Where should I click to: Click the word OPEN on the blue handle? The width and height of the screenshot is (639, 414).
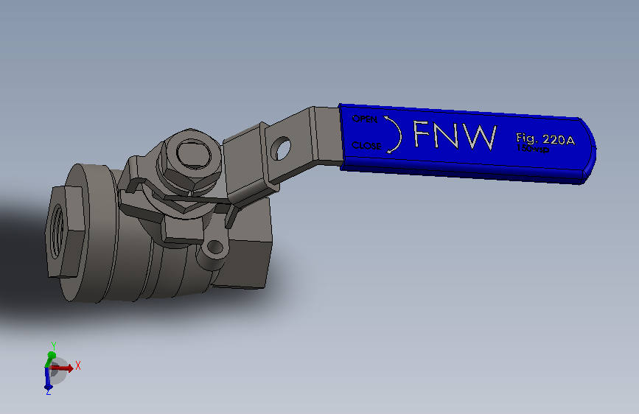pyautogui.click(x=364, y=119)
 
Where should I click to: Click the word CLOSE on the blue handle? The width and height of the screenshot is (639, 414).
pyautogui.click(x=366, y=146)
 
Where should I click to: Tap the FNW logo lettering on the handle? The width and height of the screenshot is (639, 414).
pyautogui.click(x=454, y=136)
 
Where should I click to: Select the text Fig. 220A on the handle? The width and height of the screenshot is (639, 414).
pyautogui.click(x=545, y=138)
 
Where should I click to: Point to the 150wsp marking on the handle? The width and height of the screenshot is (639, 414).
pyautogui.click(x=532, y=149)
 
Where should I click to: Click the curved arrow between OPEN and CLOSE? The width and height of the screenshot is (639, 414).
pyautogui.click(x=396, y=134)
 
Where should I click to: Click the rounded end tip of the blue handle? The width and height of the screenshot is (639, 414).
pyautogui.click(x=591, y=151)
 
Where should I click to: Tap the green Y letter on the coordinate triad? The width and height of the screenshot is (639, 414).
pyautogui.click(x=53, y=345)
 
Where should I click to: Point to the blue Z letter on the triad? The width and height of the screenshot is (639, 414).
pyautogui.click(x=48, y=392)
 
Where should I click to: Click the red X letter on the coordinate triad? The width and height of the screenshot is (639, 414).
pyautogui.click(x=77, y=365)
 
